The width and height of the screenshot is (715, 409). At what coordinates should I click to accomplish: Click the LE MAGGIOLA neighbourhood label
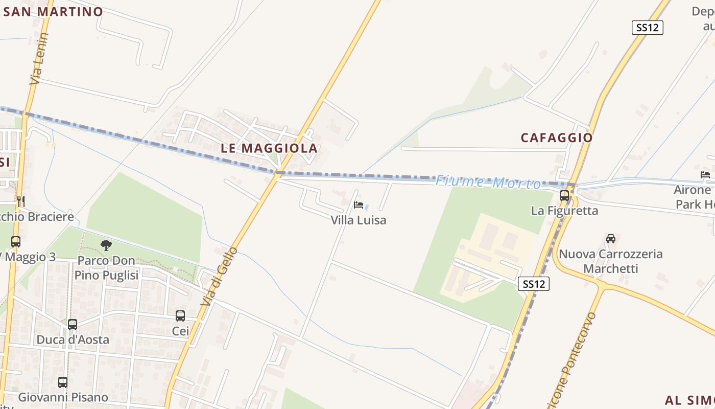pos(269,148)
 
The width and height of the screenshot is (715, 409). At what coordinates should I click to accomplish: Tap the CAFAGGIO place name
pos(556,138)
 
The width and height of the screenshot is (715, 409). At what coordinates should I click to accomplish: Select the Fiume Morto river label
pos(488,182)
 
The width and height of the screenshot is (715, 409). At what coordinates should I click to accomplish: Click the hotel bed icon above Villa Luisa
pos(359,205)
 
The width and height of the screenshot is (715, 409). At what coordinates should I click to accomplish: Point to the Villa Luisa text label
pos(359,220)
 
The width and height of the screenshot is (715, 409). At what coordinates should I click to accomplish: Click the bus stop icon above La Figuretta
pos(564,195)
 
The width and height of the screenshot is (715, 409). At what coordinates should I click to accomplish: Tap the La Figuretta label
pos(564,211)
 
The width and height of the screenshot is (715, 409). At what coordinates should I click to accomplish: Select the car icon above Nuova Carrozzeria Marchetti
pos(610,239)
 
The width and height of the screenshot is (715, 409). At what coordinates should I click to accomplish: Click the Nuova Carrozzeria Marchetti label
pos(610,261)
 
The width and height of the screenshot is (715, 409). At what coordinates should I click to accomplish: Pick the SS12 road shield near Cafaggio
pos(647,28)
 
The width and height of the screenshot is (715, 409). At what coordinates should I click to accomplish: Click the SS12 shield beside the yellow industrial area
pos(534,284)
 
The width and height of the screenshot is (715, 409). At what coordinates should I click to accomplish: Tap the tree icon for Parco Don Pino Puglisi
pos(106,245)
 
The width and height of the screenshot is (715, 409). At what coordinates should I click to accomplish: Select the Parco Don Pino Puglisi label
pos(106,268)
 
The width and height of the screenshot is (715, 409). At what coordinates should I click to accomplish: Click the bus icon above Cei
pos(180,315)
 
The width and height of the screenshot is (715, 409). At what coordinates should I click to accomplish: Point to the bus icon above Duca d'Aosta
pos(73,324)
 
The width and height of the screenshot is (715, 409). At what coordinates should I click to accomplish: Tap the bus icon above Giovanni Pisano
pos(63,382)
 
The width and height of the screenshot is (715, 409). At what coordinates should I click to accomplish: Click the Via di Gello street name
pos(219,277)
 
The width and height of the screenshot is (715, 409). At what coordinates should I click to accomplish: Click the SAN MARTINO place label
pos(53,12)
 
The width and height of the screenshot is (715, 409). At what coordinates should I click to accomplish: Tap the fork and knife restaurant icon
pos(21,201)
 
